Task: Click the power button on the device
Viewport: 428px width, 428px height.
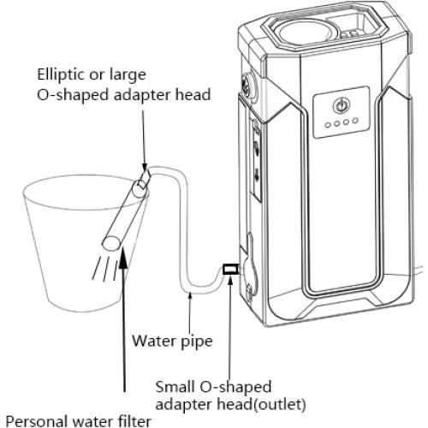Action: point(341,109)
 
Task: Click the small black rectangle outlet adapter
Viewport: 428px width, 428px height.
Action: point(229,270)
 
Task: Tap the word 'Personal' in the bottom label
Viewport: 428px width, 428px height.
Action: point(34,419)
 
